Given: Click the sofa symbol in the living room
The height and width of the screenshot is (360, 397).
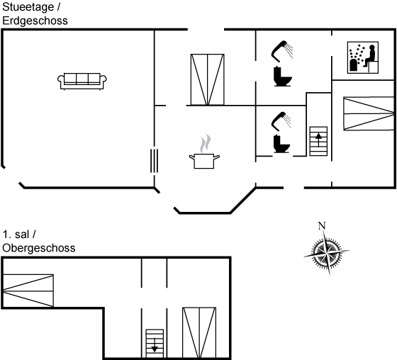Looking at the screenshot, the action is tap(82, 81).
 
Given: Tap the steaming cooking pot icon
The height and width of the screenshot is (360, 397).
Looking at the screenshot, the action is tap(204, 152).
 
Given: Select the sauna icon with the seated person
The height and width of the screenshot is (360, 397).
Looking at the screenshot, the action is tap(363, 57).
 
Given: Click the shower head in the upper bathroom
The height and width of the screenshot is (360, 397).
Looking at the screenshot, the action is tap(282, 51).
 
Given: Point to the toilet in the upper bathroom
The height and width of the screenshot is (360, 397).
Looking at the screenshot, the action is tap(283, 77).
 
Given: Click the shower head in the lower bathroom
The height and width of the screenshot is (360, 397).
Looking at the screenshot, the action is tap(281, 121).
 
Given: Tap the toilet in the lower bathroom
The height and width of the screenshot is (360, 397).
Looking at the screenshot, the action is tap(281, 144).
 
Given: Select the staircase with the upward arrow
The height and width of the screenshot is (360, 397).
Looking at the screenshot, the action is tap(318, 141).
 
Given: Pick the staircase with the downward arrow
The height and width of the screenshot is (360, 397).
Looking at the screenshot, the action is tap(155, 344).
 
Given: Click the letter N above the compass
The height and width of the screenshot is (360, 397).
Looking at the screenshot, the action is tap(322, 225).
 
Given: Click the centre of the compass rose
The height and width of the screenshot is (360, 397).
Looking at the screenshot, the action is tap(327, 252).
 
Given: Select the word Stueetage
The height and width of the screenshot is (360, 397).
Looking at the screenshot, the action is tap(28, 7).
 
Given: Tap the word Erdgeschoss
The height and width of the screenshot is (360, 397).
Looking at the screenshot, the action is tap(35, 21).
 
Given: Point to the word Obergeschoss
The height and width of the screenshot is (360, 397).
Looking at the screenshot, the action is tap(39, 248).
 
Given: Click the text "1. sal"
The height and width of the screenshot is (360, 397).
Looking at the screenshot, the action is tap(16, 235).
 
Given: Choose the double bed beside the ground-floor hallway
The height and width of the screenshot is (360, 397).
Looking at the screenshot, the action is tap(207, 79).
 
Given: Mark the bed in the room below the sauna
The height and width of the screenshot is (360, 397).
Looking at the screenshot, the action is tap(369, 113).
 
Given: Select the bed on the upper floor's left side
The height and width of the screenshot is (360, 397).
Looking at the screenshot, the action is tap(28, 291).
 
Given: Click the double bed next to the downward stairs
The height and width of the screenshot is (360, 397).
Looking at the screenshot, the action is tap(199, 333).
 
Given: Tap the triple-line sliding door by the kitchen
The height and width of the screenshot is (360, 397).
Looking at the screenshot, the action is tap(155, 161).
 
